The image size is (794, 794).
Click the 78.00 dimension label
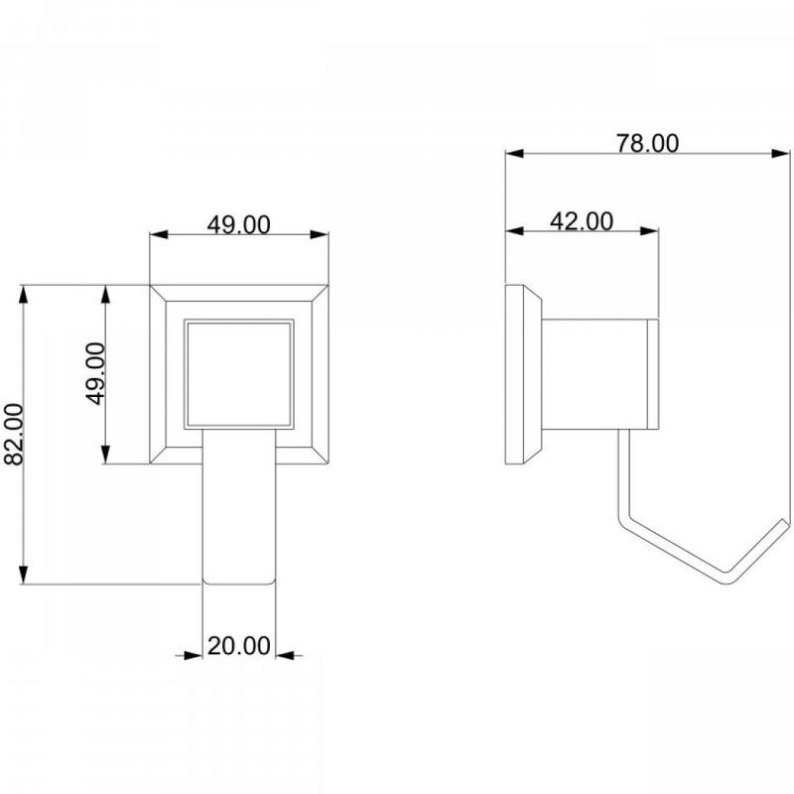click(x=647, y=143)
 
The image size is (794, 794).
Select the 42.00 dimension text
click(x=582, y=221)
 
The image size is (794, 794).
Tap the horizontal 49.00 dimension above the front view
click(x=238, y=225)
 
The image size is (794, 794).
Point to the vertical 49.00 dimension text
click(x=95, y=374)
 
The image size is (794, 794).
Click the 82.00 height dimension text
click(x=14, y=434)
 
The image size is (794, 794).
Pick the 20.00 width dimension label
click(x=238, y=646)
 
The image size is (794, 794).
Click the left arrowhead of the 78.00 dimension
click(x=514, y=154)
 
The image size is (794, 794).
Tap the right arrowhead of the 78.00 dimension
click(x=781, y=154)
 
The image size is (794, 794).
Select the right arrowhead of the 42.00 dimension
click(x=650, y=231)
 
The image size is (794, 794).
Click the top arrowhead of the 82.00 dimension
click(x=23, y=295)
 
